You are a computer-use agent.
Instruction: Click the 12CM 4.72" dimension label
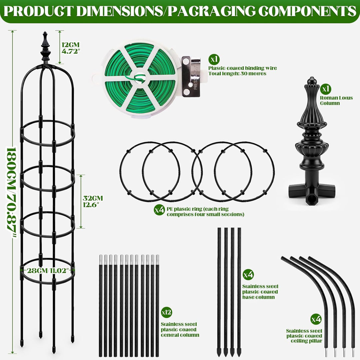click(x=71, y=48)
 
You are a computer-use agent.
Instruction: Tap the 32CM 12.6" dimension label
click(x=93, y=201)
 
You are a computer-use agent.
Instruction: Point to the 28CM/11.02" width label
click(x=48, y=270)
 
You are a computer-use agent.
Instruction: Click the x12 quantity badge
click(x=166, y=312)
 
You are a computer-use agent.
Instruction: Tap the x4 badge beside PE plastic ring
click(x=159, y=210)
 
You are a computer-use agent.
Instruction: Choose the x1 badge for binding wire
click(x=214, y=59)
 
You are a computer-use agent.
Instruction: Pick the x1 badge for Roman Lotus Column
click(x=326, y=88)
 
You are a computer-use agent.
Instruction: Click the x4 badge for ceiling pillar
click(x=316, y=319)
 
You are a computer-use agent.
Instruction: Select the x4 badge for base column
click(x=248, y=274)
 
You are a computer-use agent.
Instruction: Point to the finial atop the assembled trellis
click(x=45, y=48)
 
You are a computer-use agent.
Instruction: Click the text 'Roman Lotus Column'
click(x=336, y=100)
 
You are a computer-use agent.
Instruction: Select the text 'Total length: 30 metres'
click(x=237, y=73)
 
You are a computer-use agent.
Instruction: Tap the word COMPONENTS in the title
click(x=307, y=11)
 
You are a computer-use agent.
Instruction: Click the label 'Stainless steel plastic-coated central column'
click(x=180, y=329)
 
